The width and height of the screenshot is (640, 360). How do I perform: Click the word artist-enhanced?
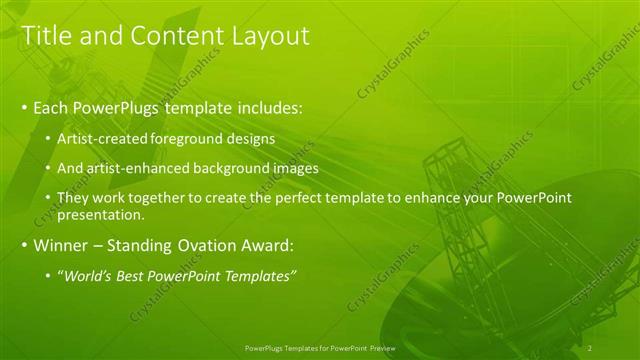click(x=131, y=168)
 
